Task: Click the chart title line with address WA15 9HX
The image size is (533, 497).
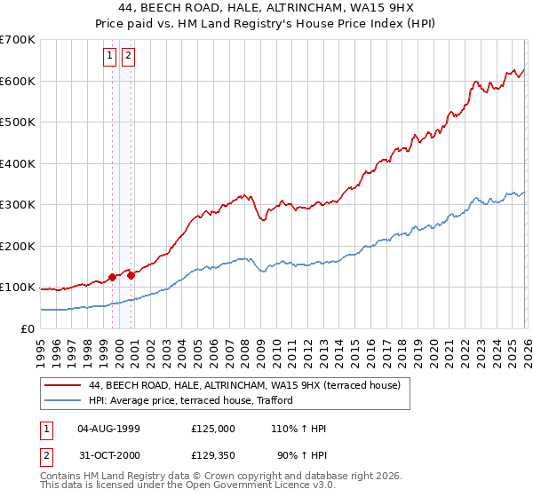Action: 266,8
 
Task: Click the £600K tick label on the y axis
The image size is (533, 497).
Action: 18,81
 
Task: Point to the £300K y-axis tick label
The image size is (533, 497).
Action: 18,205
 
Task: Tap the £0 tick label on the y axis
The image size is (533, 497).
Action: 27,328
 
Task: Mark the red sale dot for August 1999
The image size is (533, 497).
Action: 112,277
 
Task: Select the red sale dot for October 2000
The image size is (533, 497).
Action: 131,275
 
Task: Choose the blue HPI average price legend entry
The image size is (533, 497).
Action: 196,401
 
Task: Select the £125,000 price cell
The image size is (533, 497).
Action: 213,429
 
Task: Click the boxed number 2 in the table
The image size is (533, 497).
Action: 45,457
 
